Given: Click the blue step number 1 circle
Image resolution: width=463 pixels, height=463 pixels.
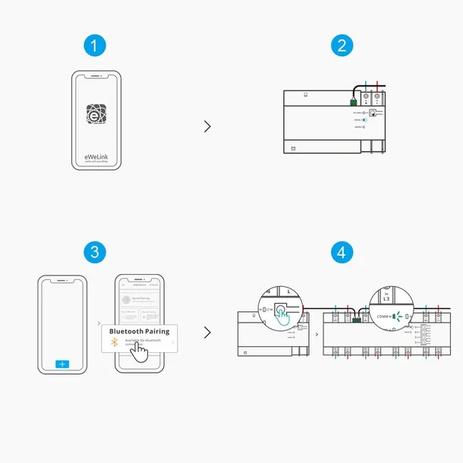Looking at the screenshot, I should click(x=95, y=46).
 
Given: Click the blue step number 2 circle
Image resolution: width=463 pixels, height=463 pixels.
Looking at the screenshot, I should click(x=342, y=46).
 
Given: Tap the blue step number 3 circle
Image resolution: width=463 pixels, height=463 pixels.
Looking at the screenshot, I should click(x=95, y=251).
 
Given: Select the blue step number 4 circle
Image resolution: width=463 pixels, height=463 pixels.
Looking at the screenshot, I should click(x=342, y=251).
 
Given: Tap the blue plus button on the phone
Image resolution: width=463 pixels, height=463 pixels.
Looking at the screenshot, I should click(x=62, y=364).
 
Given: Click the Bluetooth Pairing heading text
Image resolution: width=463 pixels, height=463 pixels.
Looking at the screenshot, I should click(x=140, y=331).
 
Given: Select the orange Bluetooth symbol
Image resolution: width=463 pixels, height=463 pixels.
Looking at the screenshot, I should click(x=115, y=343).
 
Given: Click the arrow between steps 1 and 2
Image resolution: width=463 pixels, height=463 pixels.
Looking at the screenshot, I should click(x=207, y=126).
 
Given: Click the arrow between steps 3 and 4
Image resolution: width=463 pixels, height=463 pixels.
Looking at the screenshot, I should click(x=207, y=332).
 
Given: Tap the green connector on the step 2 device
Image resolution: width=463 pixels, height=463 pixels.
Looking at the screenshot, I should click(x=354, y=99).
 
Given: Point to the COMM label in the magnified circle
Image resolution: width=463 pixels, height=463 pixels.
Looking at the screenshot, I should click(x=383, y=316).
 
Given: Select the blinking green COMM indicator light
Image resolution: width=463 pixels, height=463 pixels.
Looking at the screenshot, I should click(x=398, y=316).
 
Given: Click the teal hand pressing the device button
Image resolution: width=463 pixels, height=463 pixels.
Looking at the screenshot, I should click(x=283, y=318).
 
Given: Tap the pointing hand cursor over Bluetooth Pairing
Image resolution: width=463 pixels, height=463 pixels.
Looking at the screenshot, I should click(x=137, y=350).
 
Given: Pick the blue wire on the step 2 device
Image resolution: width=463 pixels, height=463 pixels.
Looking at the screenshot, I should click(x=367, y=87).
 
